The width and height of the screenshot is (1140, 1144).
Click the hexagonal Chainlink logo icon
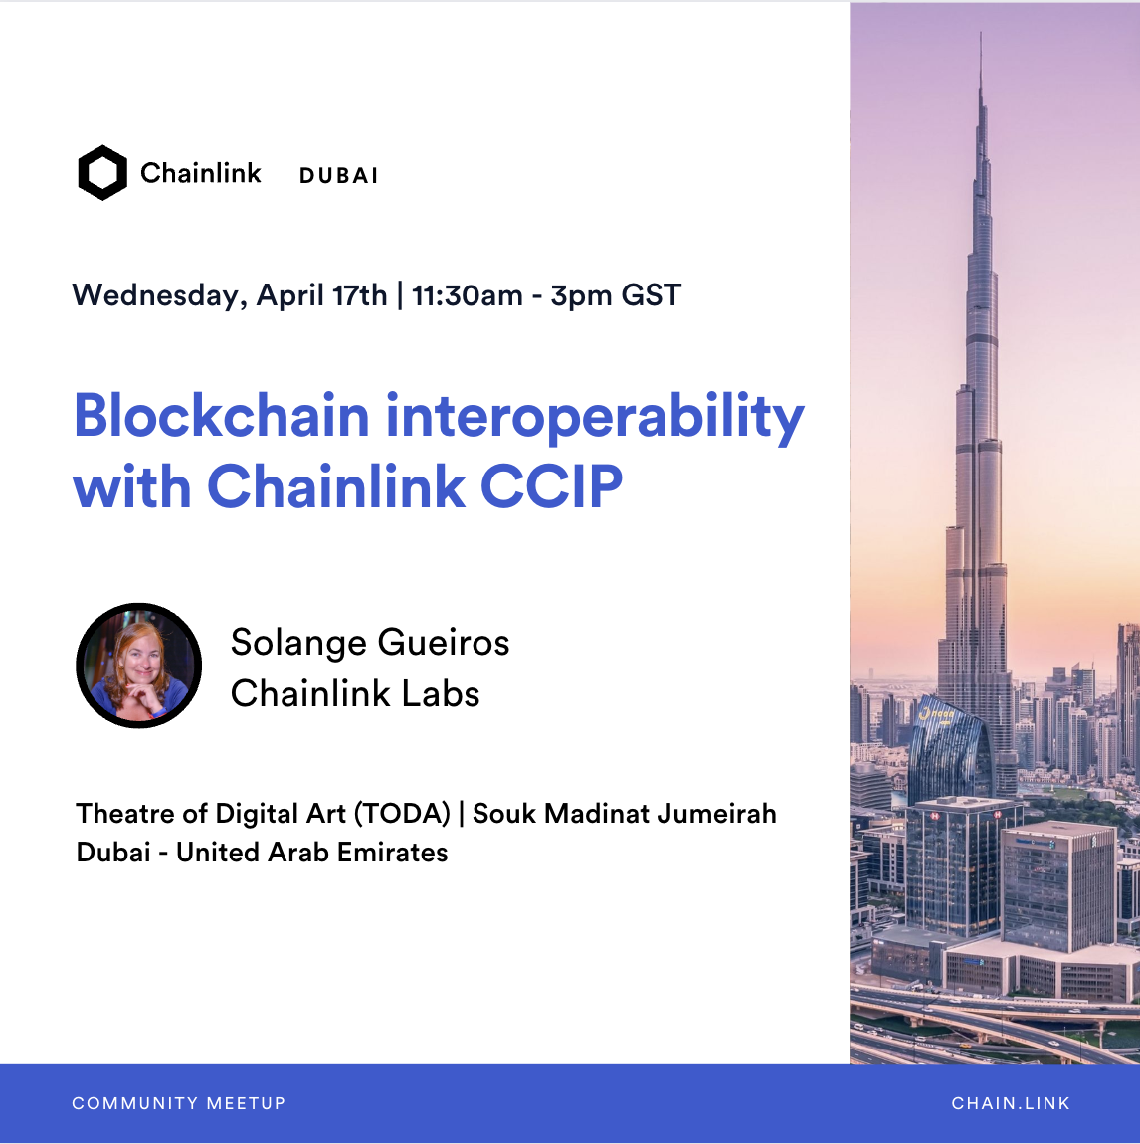[x=102, y=173]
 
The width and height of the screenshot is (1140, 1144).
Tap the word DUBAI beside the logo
[x=339, y=176]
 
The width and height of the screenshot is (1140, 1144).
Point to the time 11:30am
[x=468, y=295]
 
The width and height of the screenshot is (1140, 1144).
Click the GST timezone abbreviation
[x=652, y=295]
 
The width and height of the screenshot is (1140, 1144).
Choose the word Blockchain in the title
[x=222, y=415]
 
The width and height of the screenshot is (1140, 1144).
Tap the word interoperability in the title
[x=595, y=418]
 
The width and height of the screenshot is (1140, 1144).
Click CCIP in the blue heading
[x=551, y=485]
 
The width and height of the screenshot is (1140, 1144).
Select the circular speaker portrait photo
[x=138, y=666]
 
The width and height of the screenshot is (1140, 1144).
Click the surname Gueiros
[x=444, y=644]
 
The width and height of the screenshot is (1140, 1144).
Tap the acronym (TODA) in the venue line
[x=403, y=814]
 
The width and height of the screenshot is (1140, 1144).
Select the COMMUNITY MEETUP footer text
[x=179, y=1103]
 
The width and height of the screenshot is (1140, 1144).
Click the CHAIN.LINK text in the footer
[x=1011, y=1103]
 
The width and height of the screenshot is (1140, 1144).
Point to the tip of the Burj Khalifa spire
[x=980, y=32]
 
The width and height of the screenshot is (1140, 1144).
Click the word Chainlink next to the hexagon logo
[x=201, y=173]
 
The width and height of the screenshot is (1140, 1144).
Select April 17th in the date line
[x=321, y=296]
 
